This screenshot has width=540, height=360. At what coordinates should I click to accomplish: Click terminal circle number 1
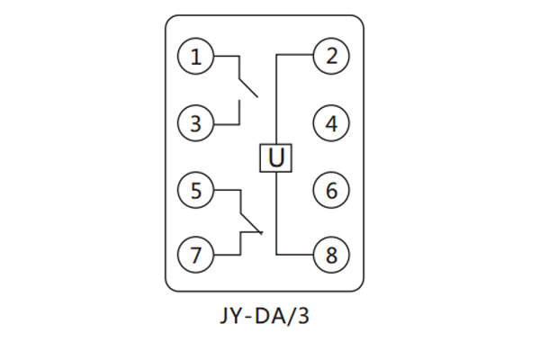coord(196,58)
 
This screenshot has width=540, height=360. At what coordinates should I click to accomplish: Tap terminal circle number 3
coord(196,123)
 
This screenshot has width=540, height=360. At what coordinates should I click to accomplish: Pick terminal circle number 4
coord(331,123)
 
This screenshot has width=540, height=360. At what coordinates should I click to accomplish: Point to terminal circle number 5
coord(196,191)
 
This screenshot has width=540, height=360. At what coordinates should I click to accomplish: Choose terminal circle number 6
coord(331,191)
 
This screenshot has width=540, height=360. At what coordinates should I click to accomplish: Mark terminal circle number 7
coord(196,255)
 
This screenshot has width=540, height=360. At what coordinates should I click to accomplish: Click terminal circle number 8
coord(331,255)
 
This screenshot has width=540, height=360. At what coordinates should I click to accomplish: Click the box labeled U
coord(276,158)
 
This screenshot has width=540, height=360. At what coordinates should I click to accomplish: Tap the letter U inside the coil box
coord(276,158)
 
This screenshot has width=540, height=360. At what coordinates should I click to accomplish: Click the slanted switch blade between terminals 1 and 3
coord(247,84)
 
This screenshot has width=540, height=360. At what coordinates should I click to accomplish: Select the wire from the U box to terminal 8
coord(276,216)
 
